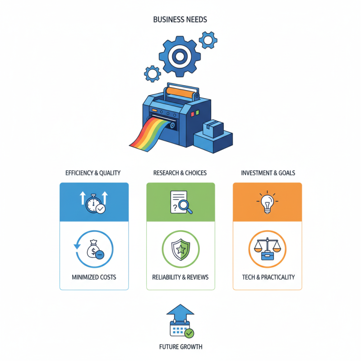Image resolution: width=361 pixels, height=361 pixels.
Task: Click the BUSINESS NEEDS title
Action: [180, 19]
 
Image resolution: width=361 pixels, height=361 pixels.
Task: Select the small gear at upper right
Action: [208, 40]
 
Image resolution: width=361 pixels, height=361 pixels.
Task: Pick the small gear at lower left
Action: [153, 74]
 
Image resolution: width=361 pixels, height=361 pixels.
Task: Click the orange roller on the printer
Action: [180, 93]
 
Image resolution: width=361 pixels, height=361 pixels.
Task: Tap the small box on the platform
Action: [213, 129]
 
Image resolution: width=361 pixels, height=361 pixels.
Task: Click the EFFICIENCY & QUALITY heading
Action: [93, 173]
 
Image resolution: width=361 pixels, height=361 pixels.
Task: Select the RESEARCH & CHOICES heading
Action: [180, 173]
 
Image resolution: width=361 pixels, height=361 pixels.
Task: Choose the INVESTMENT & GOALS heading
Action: [268, 173]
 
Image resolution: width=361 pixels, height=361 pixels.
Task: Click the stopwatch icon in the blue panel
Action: [93, 204]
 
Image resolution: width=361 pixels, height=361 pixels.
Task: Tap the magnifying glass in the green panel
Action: [185, 206]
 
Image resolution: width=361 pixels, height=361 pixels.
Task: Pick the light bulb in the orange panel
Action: [267, 204]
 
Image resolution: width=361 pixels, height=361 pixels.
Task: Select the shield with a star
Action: [181, 250]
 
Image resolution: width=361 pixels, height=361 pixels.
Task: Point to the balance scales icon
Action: [267, 249]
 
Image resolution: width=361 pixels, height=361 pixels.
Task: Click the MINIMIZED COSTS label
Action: [94, 277]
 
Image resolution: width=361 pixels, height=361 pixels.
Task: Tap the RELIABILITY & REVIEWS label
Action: [180, 277]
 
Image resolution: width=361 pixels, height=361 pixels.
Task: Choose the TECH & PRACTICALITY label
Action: [268, 277]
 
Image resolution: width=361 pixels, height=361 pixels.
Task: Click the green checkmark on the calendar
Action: [189, 333]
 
